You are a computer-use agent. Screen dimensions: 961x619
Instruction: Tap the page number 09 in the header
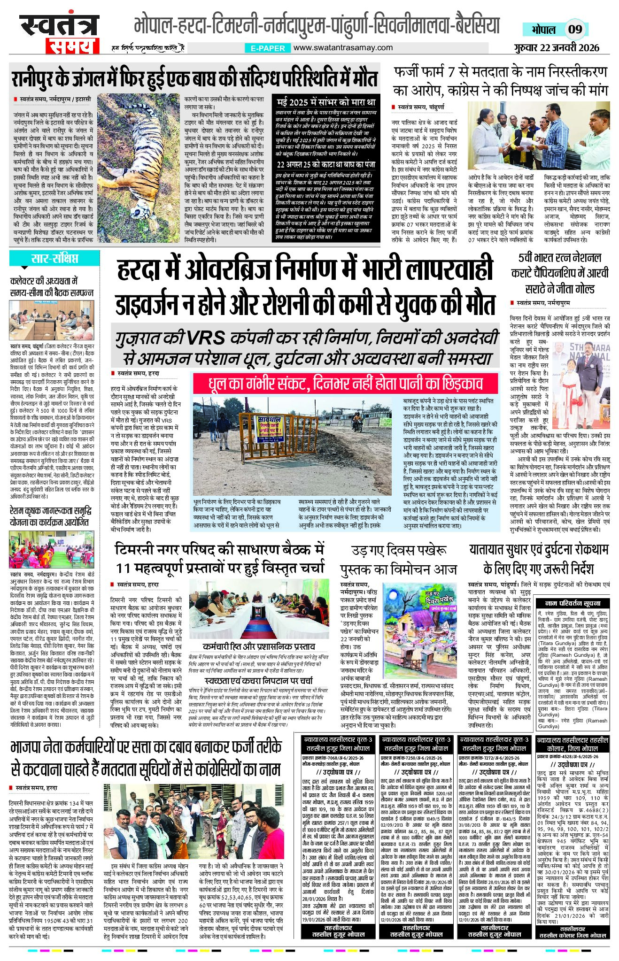coord(575,30)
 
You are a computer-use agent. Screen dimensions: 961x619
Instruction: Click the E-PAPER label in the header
coord(268,48)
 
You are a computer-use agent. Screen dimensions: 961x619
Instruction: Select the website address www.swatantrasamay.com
coord(343,47)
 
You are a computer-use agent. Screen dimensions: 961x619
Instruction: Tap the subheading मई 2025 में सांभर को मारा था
coord(326,102)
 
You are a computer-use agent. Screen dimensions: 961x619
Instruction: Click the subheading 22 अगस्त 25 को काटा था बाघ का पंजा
coord(326,165)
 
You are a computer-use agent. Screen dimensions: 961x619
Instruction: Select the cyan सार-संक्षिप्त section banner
coord(54,258)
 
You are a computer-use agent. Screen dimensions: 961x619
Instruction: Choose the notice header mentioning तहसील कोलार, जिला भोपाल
coord(573,743)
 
